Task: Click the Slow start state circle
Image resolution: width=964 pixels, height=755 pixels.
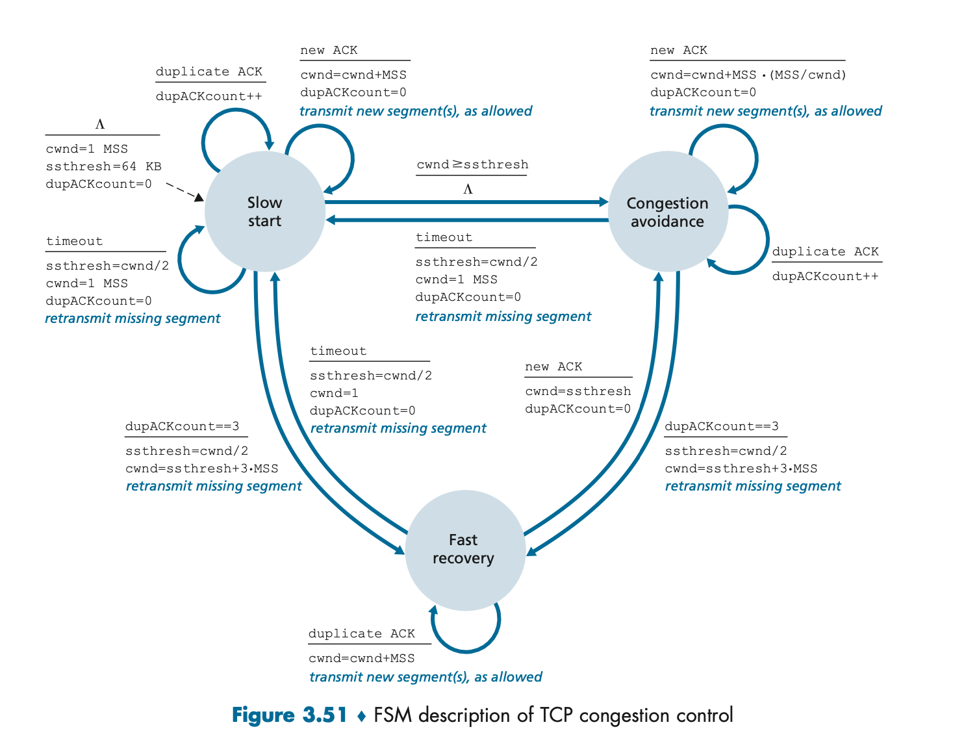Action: [x=264, y=212]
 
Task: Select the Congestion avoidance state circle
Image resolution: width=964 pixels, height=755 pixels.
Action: [x=667, y=212]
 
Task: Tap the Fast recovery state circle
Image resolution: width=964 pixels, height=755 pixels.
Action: [x=464, y=550]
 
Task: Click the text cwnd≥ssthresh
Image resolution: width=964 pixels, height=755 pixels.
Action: [x=472, y=164]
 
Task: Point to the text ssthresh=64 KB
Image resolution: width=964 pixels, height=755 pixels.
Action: [x=103, y=166]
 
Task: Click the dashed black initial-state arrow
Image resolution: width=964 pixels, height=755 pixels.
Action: [x=184, y=192]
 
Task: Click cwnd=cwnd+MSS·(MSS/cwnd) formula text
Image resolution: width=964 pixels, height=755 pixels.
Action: [x=748, y=75]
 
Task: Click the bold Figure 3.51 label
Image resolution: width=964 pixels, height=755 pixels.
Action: [x=289, y=715]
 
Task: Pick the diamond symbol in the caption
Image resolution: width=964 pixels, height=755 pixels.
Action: [x=362, y=717]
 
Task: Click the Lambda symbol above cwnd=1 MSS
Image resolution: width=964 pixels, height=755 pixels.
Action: [x=100, y=124]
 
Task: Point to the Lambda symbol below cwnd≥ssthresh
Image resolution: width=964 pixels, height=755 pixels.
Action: [x=468, y=189]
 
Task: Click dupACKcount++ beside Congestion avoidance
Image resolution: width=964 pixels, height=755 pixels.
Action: [x=825, y=276]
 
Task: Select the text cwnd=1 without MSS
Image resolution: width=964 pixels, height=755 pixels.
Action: [x=334, y=393]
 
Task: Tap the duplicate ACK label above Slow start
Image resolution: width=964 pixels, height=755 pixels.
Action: [x=209, y=71]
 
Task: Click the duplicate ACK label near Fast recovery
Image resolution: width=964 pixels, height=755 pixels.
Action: [x=361, y=633]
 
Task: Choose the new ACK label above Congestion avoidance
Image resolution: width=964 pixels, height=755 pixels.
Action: [x=678, y=50]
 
